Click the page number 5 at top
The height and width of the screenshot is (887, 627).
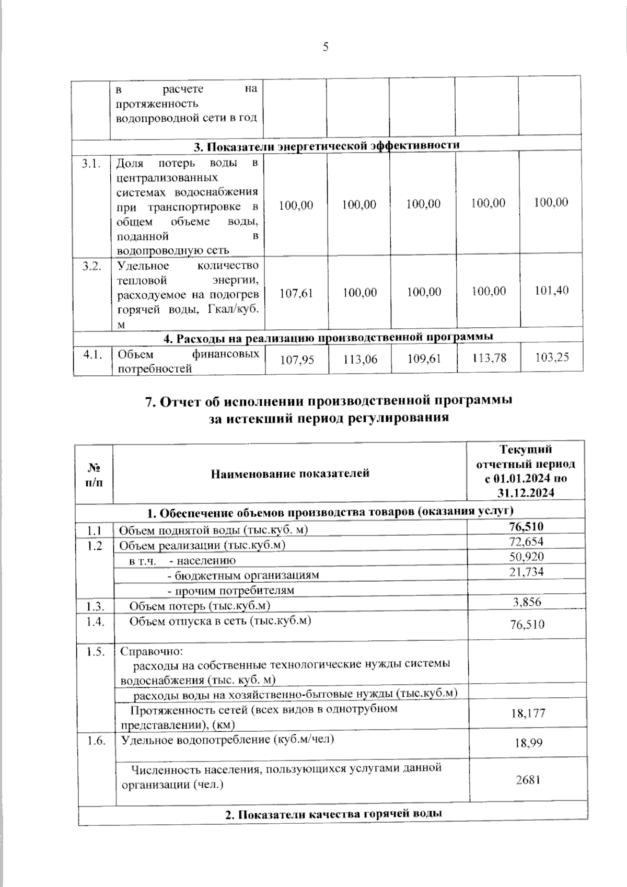[326, 48]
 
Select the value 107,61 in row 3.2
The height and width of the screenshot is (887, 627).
[296, 293]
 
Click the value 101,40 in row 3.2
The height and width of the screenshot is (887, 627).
[551, 291]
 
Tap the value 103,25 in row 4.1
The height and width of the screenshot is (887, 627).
[552, 357]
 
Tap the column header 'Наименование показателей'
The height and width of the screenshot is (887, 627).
[290, 474]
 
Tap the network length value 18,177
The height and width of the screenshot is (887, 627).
[528, 712]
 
